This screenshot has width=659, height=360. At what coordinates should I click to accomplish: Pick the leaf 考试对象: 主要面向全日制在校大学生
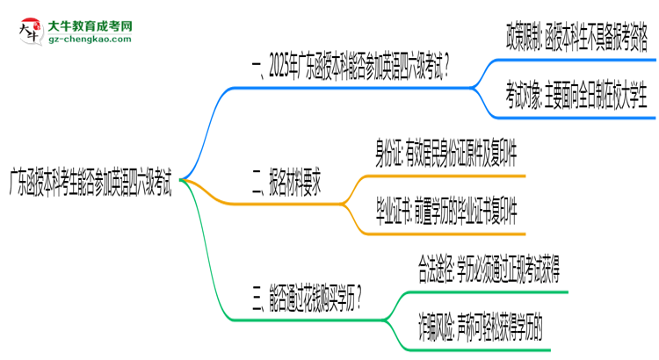click(576, 90)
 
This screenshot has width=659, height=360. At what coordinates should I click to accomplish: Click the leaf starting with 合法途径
click(488, 269)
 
